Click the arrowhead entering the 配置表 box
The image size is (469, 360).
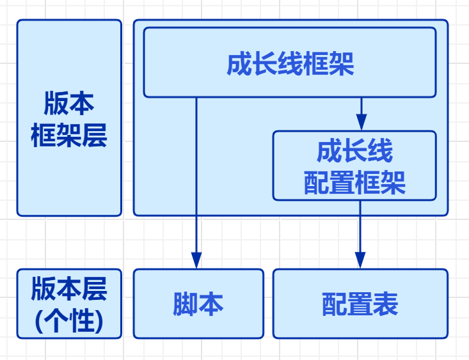tap(360, 260)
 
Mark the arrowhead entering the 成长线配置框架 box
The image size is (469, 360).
tap(361, 122)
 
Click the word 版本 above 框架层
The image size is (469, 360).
tap(69, 103)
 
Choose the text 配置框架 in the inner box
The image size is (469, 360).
tap(354, 184)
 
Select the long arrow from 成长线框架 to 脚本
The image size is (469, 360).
tap(196, 179)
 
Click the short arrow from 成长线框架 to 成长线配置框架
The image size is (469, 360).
tap(361, 112)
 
